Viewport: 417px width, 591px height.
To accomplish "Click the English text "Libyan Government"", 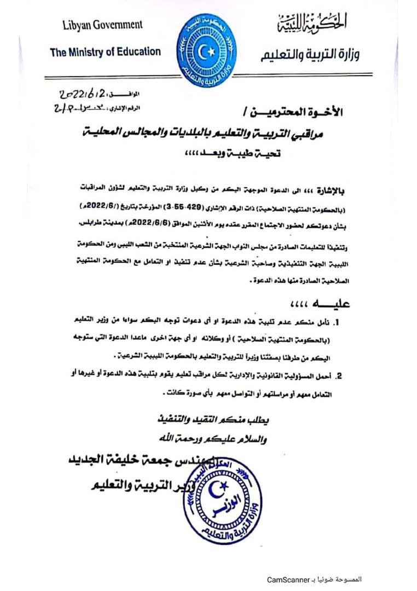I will click(102, 25).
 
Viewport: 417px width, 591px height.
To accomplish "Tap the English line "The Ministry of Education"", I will click(106, 53).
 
